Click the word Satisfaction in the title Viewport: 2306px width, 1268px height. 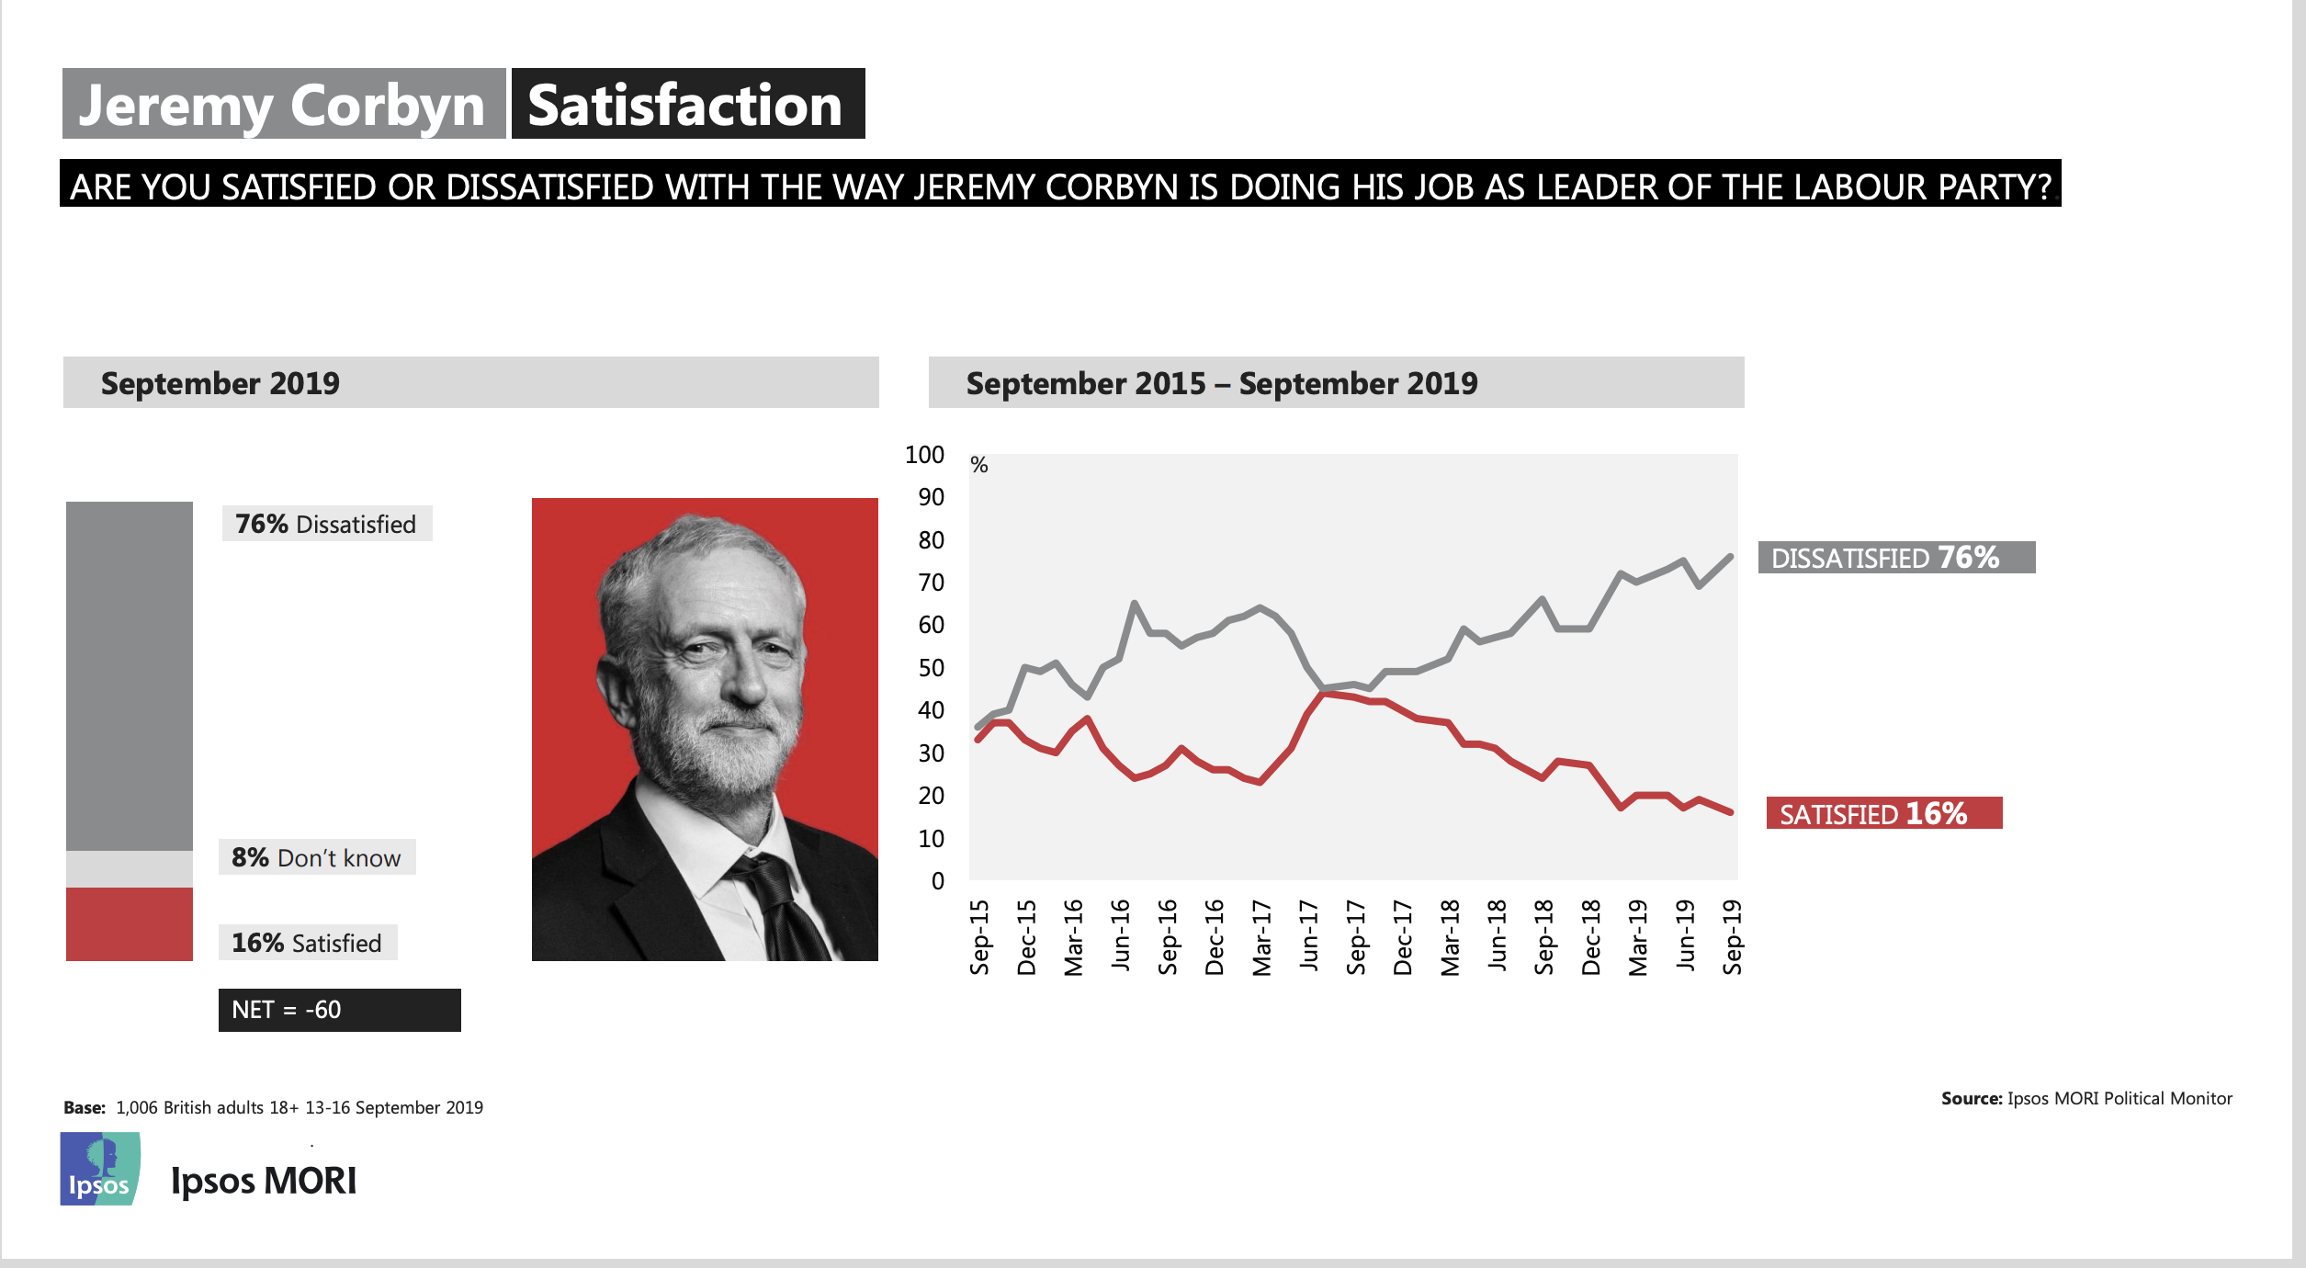click(686, 105)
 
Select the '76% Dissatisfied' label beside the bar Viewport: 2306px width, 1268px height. click(326, 524)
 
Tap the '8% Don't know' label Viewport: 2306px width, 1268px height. click(317, 857)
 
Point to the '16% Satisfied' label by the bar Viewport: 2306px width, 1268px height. click(307, 943)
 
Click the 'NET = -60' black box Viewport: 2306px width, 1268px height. click(339, 1010)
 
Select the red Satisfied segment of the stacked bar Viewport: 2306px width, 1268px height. click(130, 923)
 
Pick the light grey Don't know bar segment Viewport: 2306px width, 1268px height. click(130, 868)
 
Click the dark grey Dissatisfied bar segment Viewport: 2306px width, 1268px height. click(130, 675)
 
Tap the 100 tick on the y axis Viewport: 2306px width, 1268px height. click(924, 455)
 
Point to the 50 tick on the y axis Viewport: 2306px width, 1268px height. click(931, 668)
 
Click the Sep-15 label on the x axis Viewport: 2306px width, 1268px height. click(980, 937)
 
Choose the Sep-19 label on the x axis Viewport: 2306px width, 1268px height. click(1733, 937)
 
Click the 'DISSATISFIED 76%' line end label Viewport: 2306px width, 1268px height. click(1895, 558)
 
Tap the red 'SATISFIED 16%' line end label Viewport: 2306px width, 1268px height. click(1883, 813)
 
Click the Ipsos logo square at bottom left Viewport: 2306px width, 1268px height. click(100, 1169)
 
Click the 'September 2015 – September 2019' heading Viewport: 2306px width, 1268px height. click(1222, 383)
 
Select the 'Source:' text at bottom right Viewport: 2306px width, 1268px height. click(1971, 1098)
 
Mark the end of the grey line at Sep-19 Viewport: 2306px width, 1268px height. click(1731, 556)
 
